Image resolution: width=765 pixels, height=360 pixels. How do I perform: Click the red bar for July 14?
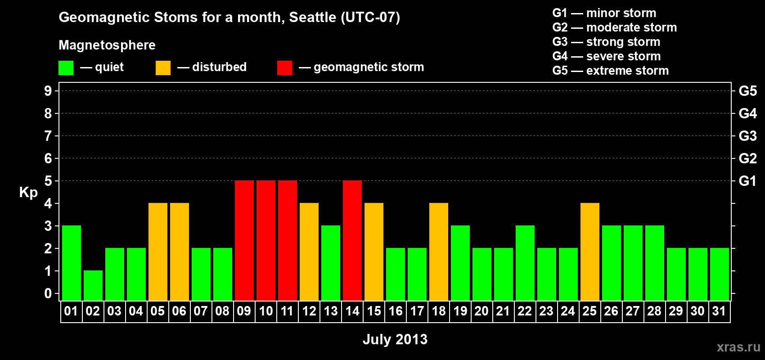pos(352,240)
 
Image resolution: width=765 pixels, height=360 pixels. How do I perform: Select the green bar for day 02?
pos(93,286)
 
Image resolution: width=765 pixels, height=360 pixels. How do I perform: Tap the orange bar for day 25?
pos(590,252)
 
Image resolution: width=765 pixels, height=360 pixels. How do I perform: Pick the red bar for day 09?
pos(244,240)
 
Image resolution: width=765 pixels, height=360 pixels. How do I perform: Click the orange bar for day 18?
pos(438,252)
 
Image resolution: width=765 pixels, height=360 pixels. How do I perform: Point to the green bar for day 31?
pos(719,274)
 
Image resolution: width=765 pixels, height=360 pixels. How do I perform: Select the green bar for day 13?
pos(331,263)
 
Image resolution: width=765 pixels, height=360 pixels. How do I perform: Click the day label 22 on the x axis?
pos(525,311)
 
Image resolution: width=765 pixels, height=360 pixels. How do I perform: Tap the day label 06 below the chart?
pos(179,311)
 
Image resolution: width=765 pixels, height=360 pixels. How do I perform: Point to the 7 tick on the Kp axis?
pos(48,136)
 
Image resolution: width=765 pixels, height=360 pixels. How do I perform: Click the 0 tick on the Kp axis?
pos(48,293)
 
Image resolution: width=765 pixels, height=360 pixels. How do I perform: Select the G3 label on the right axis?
pos(747,136)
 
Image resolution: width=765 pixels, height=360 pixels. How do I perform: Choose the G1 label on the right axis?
pos(747,181)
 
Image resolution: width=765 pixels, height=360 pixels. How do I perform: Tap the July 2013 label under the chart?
pos(395,339)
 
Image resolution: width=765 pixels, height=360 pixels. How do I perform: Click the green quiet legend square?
pos(66,67)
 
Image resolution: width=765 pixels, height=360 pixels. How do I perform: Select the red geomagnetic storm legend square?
pos(284,67)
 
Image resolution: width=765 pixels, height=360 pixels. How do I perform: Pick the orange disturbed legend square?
pos(163,67)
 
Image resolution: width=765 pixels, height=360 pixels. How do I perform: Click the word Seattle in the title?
pos(312,17)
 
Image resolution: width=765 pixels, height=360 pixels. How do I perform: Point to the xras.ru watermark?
pos(738,347)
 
